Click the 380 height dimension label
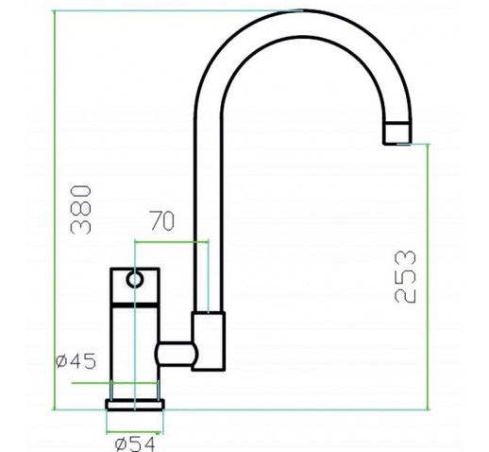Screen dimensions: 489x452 80,210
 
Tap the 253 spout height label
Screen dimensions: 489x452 405,277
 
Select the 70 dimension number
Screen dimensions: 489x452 161,220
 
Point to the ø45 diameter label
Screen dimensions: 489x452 76,361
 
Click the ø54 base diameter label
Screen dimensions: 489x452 135,444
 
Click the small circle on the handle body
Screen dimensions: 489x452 135,280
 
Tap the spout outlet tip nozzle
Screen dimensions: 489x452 397,133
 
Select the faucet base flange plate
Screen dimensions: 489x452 135,405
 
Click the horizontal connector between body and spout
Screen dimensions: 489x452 176,354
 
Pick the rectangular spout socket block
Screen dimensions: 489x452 209,341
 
